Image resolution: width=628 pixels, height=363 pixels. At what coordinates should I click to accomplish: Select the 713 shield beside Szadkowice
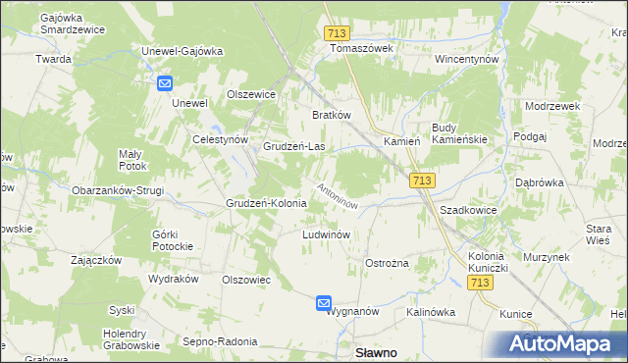(422, 181)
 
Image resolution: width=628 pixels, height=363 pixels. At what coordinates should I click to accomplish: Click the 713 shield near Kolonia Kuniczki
(479, 283)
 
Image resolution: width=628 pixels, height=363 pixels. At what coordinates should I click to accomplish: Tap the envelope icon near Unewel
(164, 85)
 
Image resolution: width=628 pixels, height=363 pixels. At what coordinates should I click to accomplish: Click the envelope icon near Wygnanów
(324, 304)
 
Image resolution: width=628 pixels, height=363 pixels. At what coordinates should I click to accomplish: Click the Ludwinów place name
(327, 235)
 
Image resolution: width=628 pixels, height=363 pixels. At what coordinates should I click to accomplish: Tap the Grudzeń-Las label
(294, 147)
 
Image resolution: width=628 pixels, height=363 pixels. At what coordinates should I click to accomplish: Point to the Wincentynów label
(467, 59)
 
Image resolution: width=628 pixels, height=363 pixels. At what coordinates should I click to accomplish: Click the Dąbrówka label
(539, 182)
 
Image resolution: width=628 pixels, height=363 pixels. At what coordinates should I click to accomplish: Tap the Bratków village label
(332, 115)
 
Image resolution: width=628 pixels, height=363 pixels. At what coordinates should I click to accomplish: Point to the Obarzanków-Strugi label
(118, 190)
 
